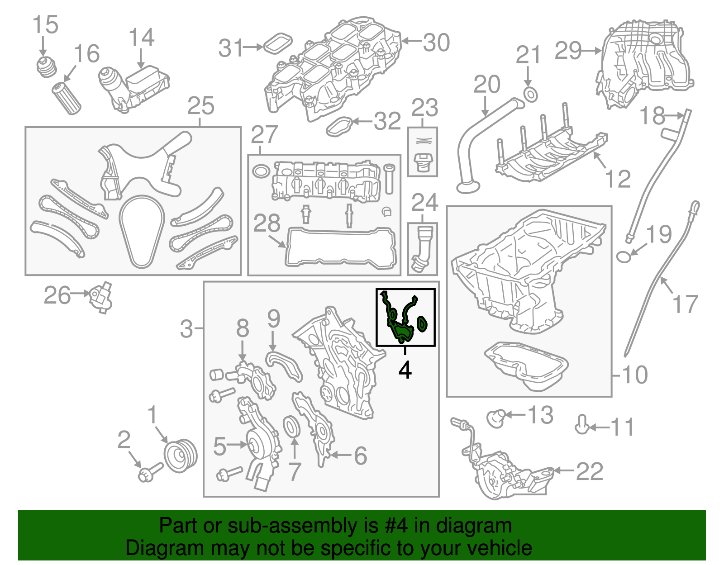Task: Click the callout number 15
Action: (46, 24)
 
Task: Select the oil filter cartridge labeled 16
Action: (67, 98)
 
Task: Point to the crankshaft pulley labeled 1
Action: (180, 455)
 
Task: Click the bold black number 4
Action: (405, 370)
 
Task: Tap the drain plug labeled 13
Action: (496, 417)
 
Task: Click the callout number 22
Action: (589, 471)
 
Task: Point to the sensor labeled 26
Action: (100, 297)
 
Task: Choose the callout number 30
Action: (436, 43)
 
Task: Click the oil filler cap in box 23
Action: (424, 161)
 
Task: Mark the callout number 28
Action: (267, 223)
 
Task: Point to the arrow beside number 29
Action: (591, 51)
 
